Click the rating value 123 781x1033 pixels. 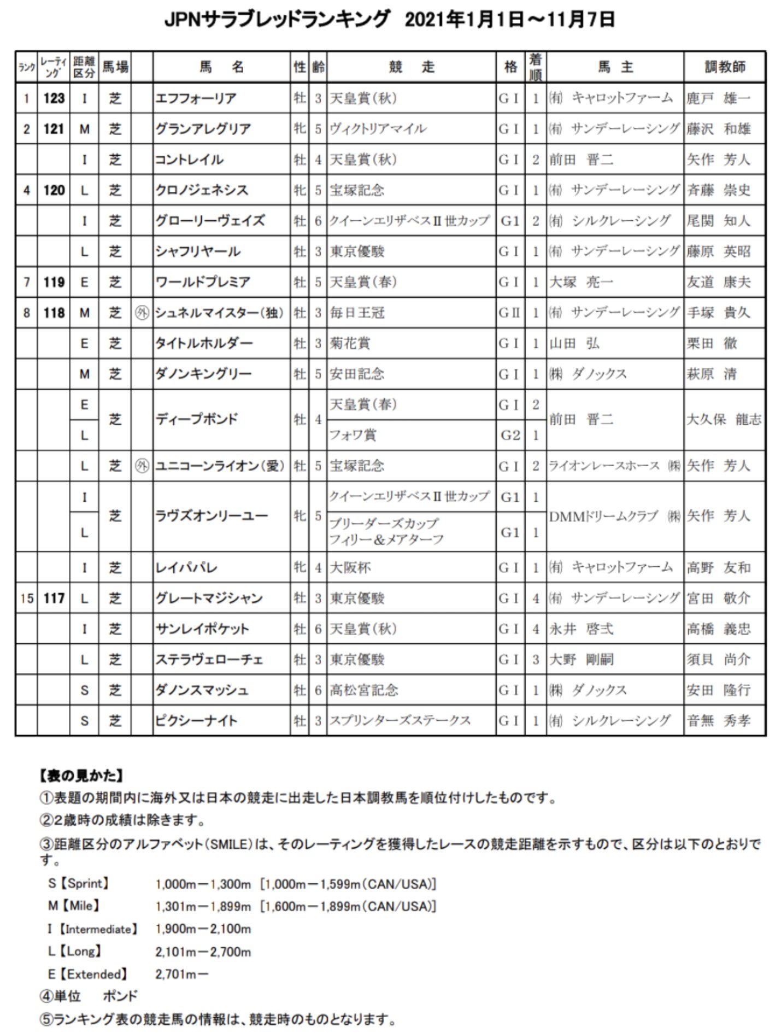pos(54,98)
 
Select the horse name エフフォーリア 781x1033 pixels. pos(196,98)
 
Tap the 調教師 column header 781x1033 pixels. pos(724,67)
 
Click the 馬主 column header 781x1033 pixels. pos(615,67)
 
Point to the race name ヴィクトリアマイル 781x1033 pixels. pos(378,129)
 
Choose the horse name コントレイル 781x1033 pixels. pos(189,160)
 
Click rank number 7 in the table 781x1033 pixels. pos(26,282)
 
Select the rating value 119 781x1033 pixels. pos(54,282)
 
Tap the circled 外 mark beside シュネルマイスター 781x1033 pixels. pos(142,313)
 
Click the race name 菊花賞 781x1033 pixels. pos(350,343)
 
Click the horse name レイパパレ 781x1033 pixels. pos(186,567)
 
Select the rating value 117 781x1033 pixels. pos(54,598)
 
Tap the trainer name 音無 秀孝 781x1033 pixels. pos(718,721)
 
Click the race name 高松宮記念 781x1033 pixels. pos(364,690)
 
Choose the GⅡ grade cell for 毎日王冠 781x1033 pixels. pos(509,313)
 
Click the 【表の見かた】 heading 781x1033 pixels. pos(82,776)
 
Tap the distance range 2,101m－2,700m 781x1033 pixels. pos(203,952)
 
